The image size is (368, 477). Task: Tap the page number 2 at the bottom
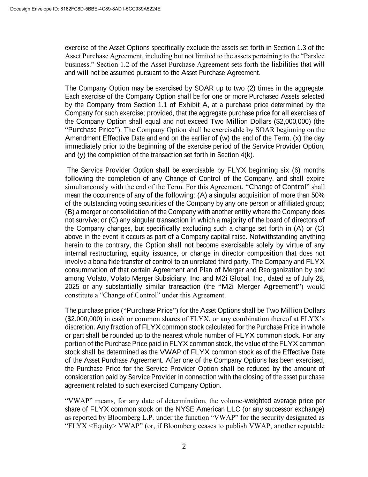pos(184,446)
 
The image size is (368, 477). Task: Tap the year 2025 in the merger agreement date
pos(72,287)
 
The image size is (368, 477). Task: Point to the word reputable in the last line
pos(311,426)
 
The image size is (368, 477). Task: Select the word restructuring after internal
pos(107,253)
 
